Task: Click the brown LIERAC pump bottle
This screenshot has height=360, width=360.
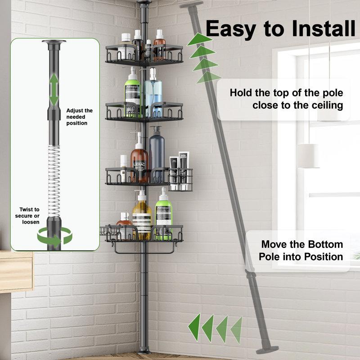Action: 139,162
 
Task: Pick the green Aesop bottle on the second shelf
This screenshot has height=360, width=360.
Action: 133,93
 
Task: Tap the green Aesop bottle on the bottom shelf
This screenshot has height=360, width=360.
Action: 163,216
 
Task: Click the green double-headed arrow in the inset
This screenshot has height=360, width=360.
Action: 54,90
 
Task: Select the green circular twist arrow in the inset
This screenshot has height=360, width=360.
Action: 54,236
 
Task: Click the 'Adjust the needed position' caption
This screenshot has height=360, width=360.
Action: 79,117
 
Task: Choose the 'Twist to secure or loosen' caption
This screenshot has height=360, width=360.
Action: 29,216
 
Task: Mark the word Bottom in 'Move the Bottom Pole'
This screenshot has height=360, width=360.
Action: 321,245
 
